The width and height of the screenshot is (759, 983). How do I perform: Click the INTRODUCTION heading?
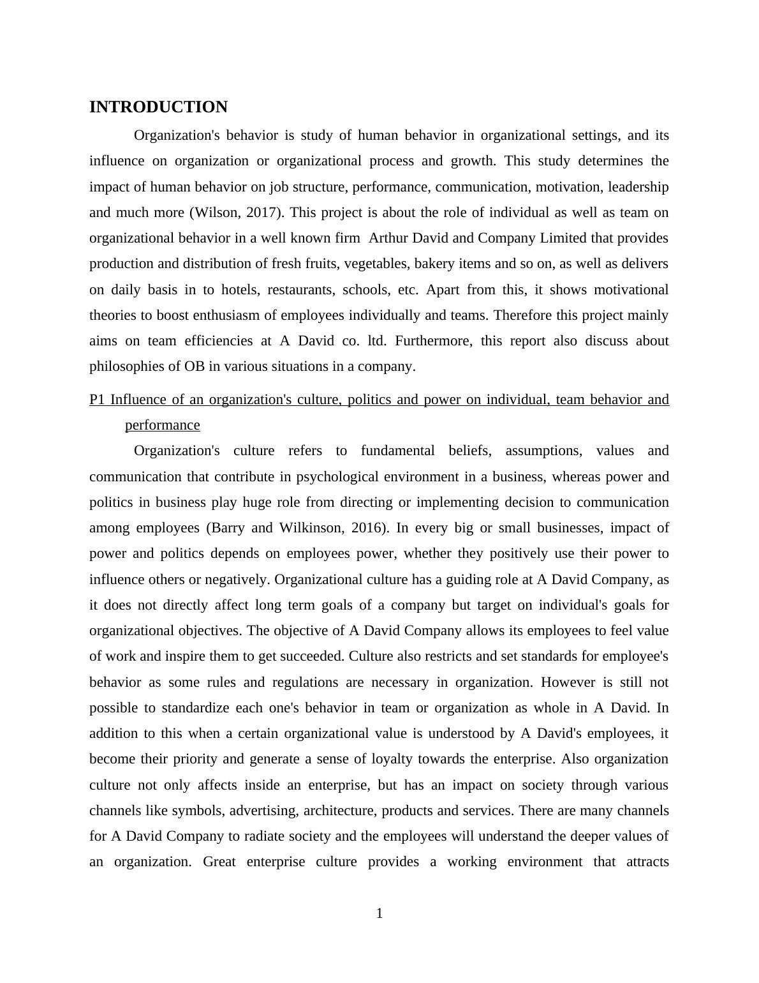[x=158, y=107]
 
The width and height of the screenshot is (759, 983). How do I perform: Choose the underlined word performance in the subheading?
[x=162, y=425]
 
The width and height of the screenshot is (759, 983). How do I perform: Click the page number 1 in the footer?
[x=379, y=914]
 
